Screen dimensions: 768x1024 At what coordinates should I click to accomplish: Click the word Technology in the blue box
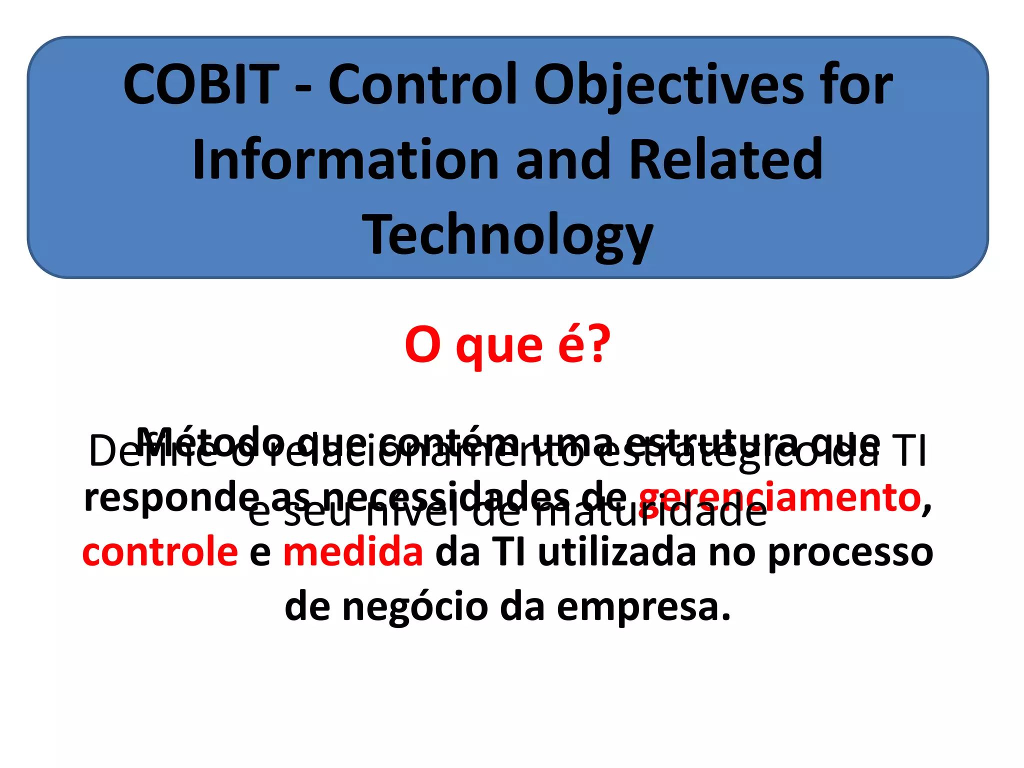point(507,235)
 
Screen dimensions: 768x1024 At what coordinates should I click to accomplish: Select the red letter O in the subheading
point(422,345)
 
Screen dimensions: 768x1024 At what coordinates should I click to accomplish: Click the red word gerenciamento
point(780,498)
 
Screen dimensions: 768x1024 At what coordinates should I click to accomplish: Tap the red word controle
point(160,552)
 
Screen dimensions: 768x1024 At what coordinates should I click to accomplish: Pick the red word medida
point(353,552)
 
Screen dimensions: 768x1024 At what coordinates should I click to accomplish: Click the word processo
point(850,553)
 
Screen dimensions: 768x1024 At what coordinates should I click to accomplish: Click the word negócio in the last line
point(415,607)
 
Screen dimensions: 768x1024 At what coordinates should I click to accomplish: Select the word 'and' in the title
point(563,160)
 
